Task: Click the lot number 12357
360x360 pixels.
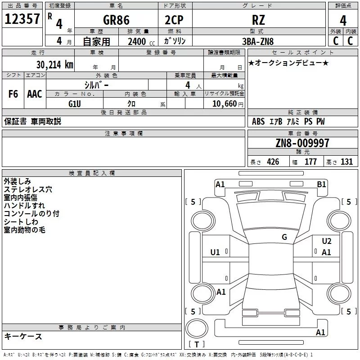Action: pyautogui.click(x=22, y=19)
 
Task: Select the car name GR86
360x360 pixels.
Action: pyautogui.click(x=116, y=20)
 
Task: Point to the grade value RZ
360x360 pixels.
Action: pyautogui.click(x=258, y=20)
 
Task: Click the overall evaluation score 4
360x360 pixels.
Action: pyautogui.click(x=343, y=20)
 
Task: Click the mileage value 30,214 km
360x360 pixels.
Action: pyautogui.click(x=54, y=64)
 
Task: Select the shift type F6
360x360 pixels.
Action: pyautogui.click(x=13, y=94)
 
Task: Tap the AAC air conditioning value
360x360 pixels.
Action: pyautogui.click(x=35, y=94)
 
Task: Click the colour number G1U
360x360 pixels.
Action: pyautogui.click(x=75, y=104)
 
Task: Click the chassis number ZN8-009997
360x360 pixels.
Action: pyautogui.click(x=302, y=143)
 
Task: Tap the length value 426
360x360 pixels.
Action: pyautogui.click(x=273, y=162)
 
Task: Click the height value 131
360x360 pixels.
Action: pyautogui.click(x=346, y=162)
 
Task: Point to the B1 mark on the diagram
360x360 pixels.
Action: pyautogui.click(x=321, y=184)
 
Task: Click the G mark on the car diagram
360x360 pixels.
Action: pyautogui.click(x=284, y=237)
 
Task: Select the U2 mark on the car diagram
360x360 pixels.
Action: pyautogui.click(x=327, y=241)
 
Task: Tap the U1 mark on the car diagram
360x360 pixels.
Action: pyautogui.click(x=215, y=252)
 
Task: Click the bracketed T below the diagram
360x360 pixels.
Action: pyautogui.click(x=196, y=345)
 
